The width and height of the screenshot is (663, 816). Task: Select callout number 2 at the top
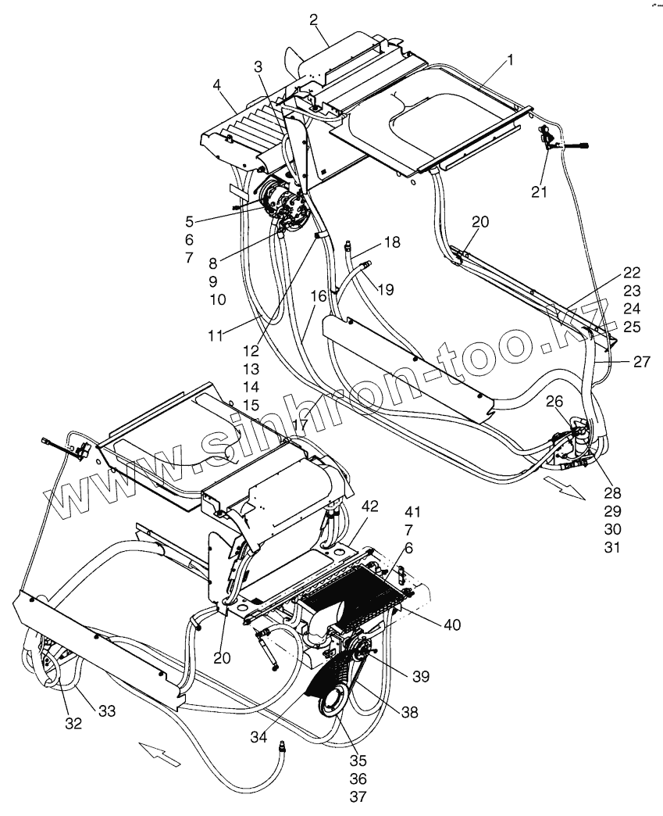pos(314,20)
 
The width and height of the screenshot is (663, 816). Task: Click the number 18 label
pos(391,242)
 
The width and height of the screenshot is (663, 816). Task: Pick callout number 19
pos(384,289)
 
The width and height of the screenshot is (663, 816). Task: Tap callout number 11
pos(216,336)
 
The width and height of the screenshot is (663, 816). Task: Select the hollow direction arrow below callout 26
pos(566,489)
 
